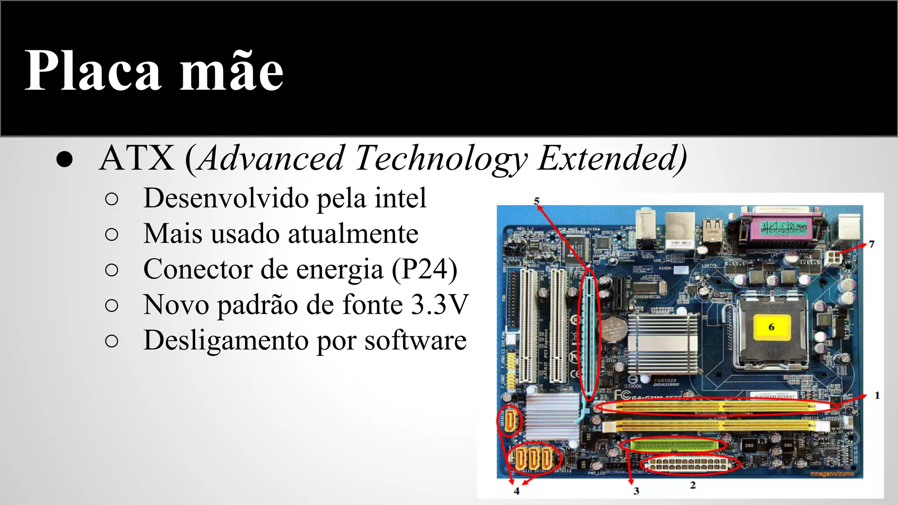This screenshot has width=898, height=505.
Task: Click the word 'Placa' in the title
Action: click(93, 71)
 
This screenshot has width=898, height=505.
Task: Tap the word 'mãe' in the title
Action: click(232, 71)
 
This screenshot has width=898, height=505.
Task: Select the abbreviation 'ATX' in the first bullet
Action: click(137, 159)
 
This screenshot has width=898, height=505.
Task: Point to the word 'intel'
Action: click(400, 198)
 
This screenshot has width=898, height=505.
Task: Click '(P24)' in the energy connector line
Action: click(424, 269)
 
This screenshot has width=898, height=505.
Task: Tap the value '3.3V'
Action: click(440, 305)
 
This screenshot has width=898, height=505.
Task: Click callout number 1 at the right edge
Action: click(877, 395)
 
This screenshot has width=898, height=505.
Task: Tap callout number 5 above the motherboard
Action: click(536, 201)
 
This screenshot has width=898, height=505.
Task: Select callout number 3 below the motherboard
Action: click(636, 491)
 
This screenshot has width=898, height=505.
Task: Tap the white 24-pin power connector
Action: click(690, 465)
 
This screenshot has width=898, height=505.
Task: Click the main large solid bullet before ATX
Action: click(64, 160)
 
